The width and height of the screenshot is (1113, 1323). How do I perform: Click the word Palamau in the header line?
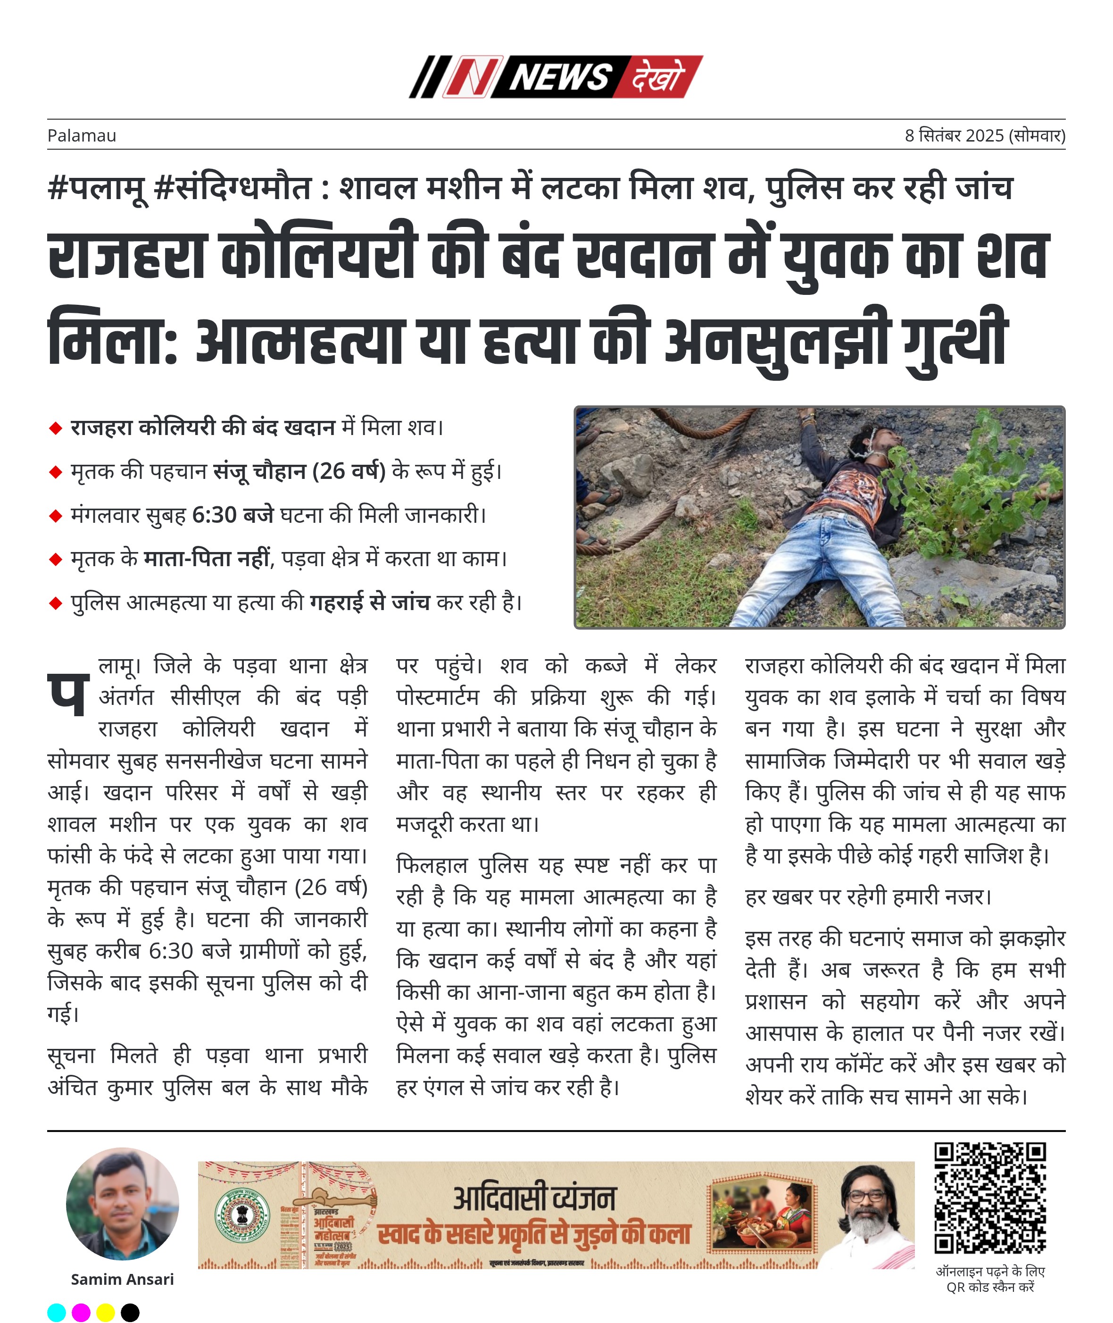point(82,136)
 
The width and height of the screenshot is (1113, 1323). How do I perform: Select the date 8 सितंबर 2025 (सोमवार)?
point(984,136)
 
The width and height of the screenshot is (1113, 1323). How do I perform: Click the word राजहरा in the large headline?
point(126,256)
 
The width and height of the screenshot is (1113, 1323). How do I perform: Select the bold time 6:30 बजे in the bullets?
point(232,515)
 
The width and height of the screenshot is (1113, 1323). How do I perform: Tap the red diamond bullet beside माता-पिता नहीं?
point(56,559)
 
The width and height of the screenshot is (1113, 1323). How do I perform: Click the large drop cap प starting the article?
point(67,693)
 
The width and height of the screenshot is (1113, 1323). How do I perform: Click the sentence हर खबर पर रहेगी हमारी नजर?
point(868,897)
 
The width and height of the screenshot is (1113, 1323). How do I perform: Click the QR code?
point(990,1198)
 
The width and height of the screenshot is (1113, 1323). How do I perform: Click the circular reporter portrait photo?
point(123,1204)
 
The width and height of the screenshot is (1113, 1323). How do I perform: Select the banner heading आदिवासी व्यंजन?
point(534,1198)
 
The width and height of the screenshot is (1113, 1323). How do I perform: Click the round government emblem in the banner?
point(241,1216)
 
